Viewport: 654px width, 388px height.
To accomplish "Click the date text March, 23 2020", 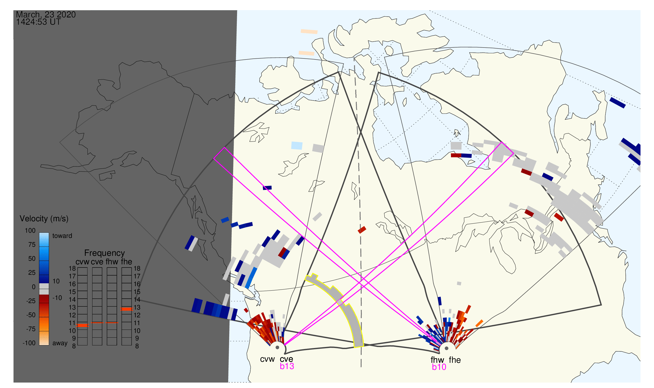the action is (x=46, y=14).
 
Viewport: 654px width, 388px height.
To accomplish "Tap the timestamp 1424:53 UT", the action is (x=38, y=22).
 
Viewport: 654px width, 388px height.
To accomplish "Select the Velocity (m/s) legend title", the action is (x=44, y=219).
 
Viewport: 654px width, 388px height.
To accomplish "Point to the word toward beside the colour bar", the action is (x=62, y=236).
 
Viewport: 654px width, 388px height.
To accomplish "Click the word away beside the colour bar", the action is (x=60, y=344).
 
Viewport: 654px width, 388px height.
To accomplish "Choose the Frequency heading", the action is (x=105, y=253).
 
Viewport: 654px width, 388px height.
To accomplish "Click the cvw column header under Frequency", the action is (x=82, y=262).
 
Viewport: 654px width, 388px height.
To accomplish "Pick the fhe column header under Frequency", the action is (x=126, y=262).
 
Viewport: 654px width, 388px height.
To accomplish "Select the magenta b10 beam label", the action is (x=439, y=367).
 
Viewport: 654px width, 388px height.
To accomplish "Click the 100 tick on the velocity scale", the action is (x=30, y=231).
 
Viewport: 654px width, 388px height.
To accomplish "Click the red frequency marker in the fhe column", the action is (x=126, y=309).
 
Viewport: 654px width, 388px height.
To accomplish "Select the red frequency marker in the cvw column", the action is (x=82, y=326).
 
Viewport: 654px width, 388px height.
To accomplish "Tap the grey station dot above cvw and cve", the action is (x=277, y=348).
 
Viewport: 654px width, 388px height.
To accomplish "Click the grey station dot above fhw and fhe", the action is (x=447, y=349).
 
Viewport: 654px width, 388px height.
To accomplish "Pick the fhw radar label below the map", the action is (x=437, y=360).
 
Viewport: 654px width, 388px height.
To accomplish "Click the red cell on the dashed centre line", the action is (x=362, y=230).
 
